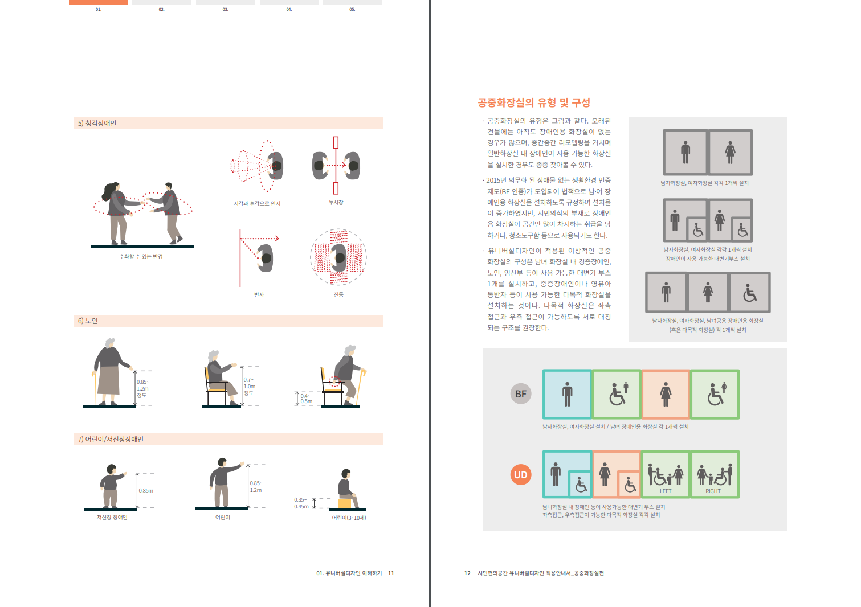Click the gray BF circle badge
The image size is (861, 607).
coord(521,394)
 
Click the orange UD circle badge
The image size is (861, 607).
coord(521,475)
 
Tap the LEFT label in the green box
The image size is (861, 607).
coord(666,491)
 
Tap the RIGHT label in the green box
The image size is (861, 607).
coord(713,491)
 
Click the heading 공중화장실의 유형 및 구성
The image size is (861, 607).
coord(533,102)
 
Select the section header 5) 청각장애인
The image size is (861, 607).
coord(97,123)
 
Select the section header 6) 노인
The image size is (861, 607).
coord(88,321)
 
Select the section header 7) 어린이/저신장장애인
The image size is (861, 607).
coord(111,439)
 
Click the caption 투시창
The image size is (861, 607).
coord(336,203)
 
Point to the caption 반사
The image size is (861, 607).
coord(259,294)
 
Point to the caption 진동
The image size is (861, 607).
coord(338,294)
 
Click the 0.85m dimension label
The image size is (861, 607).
coord(146,491)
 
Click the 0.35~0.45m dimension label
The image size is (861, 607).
coord(301,503)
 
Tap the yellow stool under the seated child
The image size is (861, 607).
coord(346,503)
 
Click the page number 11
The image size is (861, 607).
coord(391,573)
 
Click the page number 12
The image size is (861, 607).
coord(467,573)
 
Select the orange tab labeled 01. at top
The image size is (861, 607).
coord(99,3)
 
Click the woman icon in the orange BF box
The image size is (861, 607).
coord(666,394)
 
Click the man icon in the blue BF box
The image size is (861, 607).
coord(568,394)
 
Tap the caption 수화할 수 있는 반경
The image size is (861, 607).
coord(141,257)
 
